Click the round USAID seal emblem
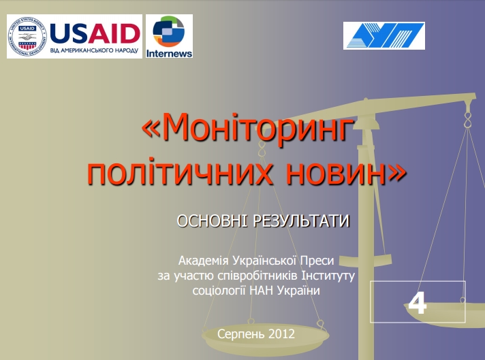[27, 37]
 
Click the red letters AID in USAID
[114, 33]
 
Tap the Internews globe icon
[168, 32]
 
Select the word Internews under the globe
[169, 54]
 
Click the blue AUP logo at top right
[384, 35]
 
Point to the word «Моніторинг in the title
[248, 127]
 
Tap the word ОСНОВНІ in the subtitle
[212, 221]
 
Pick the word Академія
[203, 261]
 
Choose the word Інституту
[328, 276]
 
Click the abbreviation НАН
[262, 291]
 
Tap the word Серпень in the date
[241, 334]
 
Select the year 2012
[281, 333]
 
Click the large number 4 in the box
[418, 303]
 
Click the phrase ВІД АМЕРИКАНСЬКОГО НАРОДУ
[94, 50]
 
